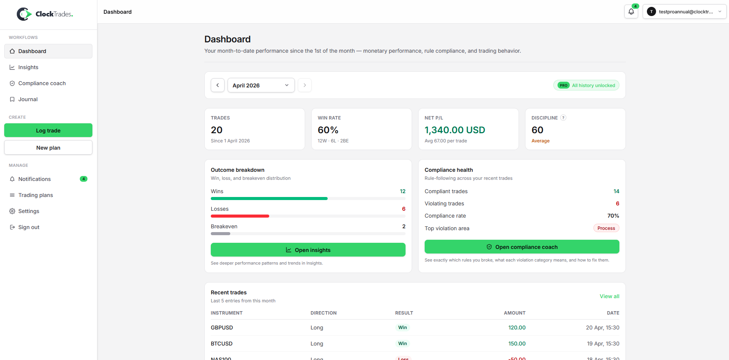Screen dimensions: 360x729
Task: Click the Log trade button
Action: pos(48,130)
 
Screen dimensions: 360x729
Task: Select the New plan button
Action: pos(48,148)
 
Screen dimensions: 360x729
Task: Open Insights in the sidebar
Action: pos(28,67)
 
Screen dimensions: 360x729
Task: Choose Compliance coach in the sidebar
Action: pos(42,83)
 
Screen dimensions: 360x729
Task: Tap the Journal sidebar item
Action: pos(28,99)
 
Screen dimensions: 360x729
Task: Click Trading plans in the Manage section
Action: pos(36,195)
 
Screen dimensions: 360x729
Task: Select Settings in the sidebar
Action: pos(29,211)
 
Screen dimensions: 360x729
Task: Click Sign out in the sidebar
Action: pos(29,227)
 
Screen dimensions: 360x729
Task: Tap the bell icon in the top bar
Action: pos(631,12)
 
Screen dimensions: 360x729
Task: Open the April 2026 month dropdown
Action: pos(261,85)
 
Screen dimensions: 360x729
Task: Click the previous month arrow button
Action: pos(218,85)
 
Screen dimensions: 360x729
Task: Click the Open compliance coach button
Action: pos(522,247)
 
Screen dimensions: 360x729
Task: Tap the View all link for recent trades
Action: pos(609,296)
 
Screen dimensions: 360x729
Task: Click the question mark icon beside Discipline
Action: pos(563,118)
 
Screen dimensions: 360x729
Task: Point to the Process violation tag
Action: pos(606,228)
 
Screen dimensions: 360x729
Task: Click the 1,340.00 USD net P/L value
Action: pos(454,130)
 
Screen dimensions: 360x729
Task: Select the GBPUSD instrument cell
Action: pos(222,328)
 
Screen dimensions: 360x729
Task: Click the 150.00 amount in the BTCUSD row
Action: pos(517,344)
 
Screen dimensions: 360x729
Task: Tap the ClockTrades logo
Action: pos(45,14)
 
